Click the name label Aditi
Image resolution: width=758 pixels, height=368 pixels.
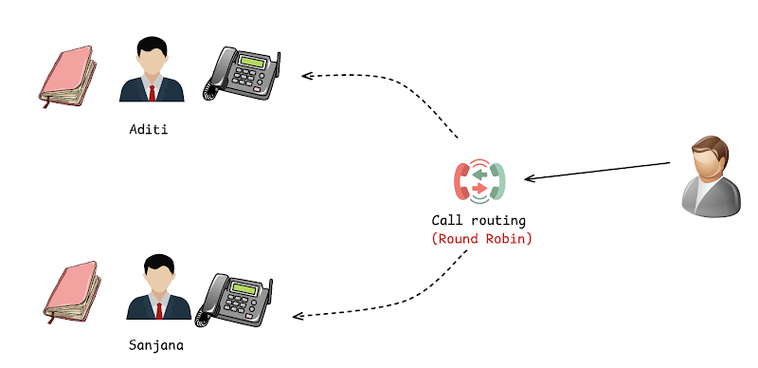click(x=149, y=129)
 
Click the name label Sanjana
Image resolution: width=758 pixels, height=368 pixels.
click(x=156, y=345)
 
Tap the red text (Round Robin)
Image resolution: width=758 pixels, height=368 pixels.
click(x=481, y=239)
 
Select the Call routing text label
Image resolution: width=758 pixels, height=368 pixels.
click(x=478, y=221)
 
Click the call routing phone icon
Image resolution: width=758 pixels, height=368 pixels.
click(x=479, y=181)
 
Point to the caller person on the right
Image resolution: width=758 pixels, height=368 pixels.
click(x=711, y=176)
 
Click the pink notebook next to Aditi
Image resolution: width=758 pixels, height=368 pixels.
click(x=67, y=76)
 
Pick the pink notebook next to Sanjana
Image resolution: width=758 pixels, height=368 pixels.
click(x=72, y=292)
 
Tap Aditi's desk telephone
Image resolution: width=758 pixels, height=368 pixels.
click(x=242, y=74)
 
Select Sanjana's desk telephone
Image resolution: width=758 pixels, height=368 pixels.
click(x=234, y=301)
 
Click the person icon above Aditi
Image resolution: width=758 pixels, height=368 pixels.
click(x=152, y=69)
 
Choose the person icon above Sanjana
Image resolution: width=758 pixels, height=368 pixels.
click(x=159, y=287)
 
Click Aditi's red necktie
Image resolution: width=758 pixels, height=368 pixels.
click(x=153, y=94)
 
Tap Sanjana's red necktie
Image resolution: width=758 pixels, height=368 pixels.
click(x=159, y=311)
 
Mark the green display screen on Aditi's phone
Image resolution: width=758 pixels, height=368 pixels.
click(x=254, y=62)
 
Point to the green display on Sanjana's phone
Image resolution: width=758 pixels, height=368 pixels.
click(x=244, y=288)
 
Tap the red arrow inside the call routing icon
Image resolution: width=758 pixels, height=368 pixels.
click(x=479, y=188)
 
